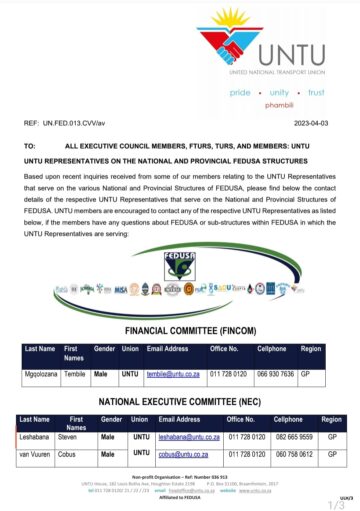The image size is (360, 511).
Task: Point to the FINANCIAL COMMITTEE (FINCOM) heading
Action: point(180,330)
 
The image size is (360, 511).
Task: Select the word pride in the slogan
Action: point(240,91)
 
